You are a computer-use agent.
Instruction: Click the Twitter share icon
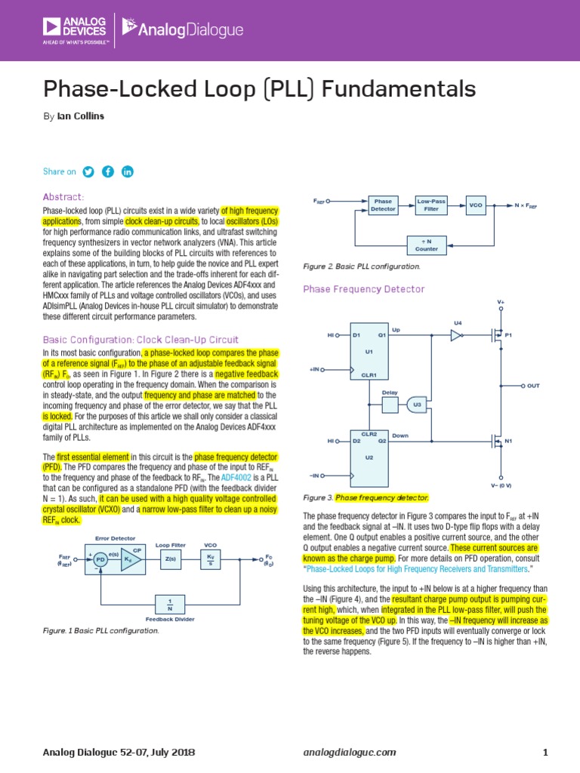pyautogui.click(x=88, y=171)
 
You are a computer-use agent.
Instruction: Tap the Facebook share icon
pyautogui.click(x=108, y=171)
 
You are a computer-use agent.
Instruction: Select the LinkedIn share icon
pyautogui.click(x=127, y=171)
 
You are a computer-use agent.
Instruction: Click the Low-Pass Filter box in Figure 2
pyautogui.click(x=431, y=205)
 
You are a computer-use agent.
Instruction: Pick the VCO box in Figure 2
pyautogui.click(x=475, y=205)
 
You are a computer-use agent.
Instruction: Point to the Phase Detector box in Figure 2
pyautogui.click(x=384, y=205)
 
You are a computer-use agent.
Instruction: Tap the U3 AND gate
pyautogui.click(x=417, y=405)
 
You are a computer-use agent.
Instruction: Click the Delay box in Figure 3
pyautogui.click(x=390, y=405)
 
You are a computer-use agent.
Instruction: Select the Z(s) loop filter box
pyautogui.click(x=171, y=559)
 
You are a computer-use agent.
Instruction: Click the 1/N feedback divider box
pyautogui.click(x=171, y=604)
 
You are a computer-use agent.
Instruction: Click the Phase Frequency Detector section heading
pyautogui.click(x=363, y=289)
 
